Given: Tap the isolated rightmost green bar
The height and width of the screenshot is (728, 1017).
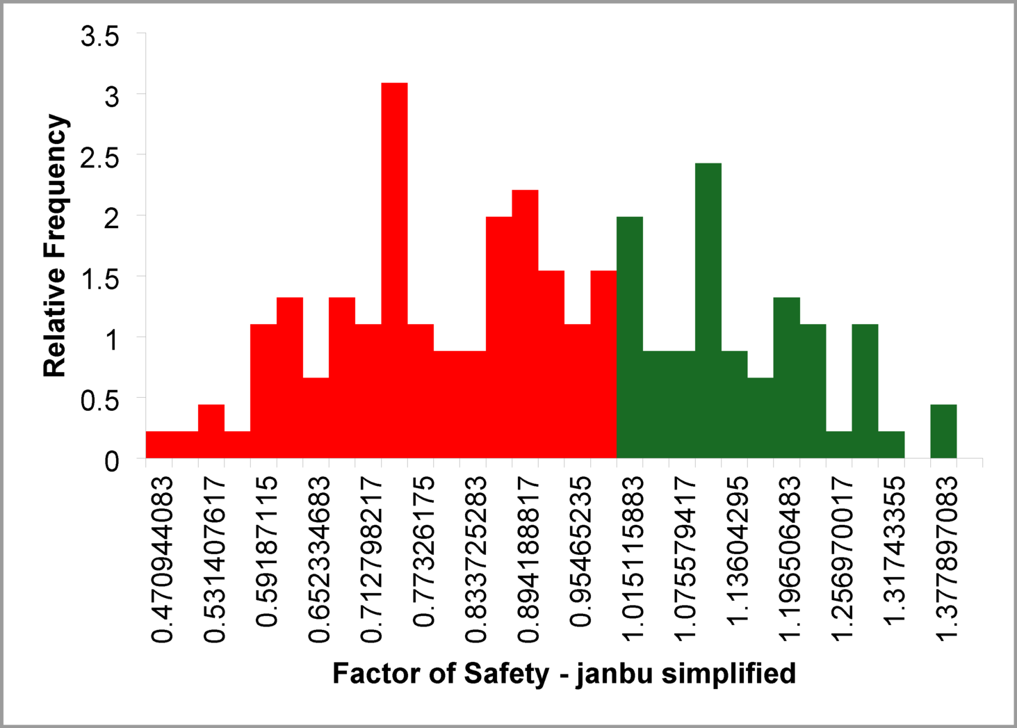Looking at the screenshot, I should [x=943, y=431].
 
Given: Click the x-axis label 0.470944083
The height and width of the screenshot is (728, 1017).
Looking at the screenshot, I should [x=161, y=560].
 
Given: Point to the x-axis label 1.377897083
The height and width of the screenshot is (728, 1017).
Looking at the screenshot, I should [x=945, y=560].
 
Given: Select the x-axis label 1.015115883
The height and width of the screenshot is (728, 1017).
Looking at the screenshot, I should [x=632, y=560].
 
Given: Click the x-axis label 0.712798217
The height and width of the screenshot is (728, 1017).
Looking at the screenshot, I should [x=371, y=560].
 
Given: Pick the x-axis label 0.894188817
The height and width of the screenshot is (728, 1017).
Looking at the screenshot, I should [x=528, y=560].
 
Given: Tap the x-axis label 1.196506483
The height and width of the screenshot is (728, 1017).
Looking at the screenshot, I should [x=789, y=560].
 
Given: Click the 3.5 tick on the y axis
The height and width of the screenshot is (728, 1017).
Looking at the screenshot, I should [x=100, y=36].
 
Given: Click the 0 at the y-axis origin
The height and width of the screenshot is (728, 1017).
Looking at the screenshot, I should [x=111, y=461].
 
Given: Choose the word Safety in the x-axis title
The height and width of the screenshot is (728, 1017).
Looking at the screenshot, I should [x=507, y=674].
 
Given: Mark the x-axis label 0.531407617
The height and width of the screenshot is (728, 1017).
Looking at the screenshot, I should [x=214, y=560].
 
